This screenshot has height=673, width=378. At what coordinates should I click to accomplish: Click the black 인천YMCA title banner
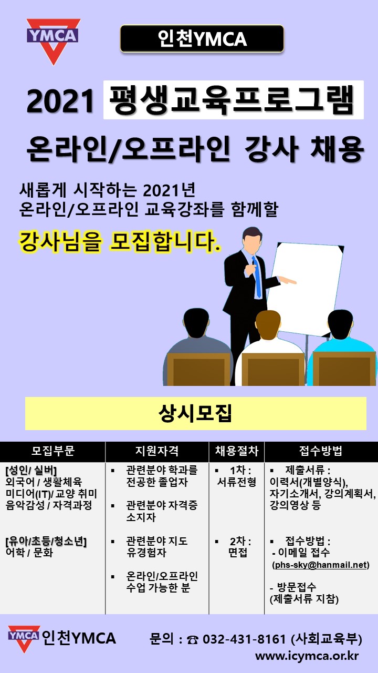202,39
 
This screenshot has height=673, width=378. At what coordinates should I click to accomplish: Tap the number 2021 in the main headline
60,101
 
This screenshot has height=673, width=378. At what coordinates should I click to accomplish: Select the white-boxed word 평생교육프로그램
234,100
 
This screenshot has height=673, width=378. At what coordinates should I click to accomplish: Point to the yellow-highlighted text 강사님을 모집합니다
120,241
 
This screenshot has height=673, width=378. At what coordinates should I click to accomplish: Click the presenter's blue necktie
257,277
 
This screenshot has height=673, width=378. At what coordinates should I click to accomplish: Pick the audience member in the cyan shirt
342,349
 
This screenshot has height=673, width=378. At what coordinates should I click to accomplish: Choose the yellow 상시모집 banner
196,413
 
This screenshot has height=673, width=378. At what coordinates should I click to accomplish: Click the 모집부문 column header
53,451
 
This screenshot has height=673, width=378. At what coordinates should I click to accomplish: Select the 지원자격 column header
157,451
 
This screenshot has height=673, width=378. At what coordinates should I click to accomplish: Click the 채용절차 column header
237,451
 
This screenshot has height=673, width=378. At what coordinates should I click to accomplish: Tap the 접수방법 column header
321,451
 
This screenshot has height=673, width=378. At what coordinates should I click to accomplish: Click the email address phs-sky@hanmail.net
321,565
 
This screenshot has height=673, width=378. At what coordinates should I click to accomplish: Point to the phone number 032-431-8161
244,639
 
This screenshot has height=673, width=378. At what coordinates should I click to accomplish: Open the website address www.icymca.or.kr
307,656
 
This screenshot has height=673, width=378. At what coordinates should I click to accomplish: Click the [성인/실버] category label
31,471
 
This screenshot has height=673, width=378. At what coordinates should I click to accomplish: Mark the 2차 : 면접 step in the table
237,547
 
